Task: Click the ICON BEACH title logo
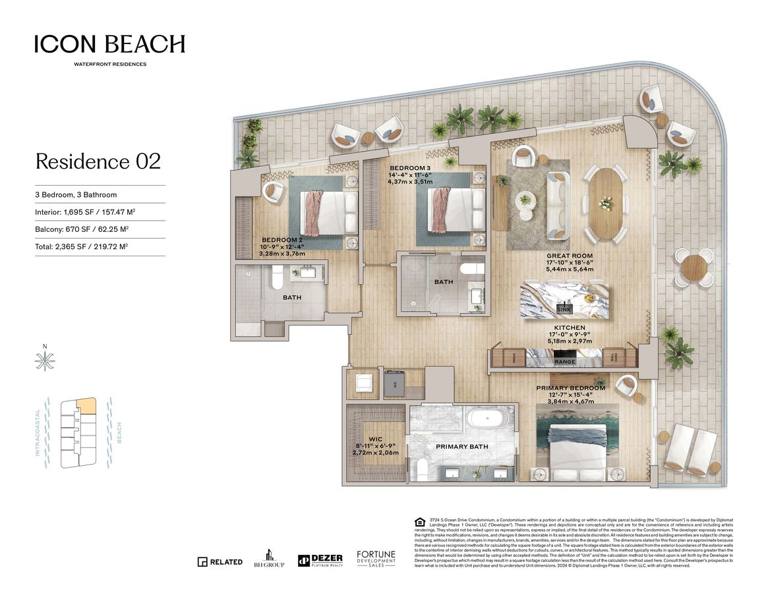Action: click(109, 45)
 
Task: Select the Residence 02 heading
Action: click(98, 161)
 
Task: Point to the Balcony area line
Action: click(82, 229)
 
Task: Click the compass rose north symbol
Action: click(45, 360)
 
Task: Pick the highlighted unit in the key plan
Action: click(86, 405)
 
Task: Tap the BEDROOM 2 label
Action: click(281, 240)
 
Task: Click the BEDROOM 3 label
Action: click(410, 168)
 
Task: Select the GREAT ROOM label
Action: click(569, 256)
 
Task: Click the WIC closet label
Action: click(375, 438)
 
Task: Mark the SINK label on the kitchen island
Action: click(564, 308)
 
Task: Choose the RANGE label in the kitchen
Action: click(564, 362)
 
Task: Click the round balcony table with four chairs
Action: click(694, 268)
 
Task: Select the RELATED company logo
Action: click(220, 562)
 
